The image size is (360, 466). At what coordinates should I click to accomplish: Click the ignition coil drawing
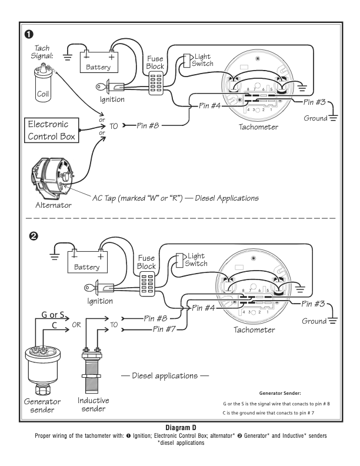click(x=42, y=84)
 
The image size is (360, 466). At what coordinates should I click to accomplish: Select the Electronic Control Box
click(x=51, y=130)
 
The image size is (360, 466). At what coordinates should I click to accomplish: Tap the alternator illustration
click(x=52, y=179)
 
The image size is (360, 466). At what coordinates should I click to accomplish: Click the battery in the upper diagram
click(x=99, y=62)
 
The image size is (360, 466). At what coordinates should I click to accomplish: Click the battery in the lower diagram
click(x=87, y=262)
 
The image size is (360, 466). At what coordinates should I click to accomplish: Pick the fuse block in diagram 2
click(x=147, y=285)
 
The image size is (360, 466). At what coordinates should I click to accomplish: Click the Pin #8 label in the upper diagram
click(x=148, y=126)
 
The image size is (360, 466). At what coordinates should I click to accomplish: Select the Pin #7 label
click(x=164, y=329)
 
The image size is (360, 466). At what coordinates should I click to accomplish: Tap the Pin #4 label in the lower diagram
click(x=203, y=308)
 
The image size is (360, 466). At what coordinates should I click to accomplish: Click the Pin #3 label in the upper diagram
click(x=314, y=102)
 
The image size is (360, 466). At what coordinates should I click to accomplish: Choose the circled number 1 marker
click(x=28, y=35)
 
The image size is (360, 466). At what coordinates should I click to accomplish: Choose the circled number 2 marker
click(x=34, y=236)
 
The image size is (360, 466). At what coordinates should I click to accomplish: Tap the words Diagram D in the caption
click(x=181, y=428)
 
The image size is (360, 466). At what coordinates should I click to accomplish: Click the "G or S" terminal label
click(x=52, y=314)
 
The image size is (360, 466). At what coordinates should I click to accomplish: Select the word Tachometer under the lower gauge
click(x=254, y=329)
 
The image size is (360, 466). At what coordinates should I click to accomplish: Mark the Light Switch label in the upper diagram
click(x=202, y=60)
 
